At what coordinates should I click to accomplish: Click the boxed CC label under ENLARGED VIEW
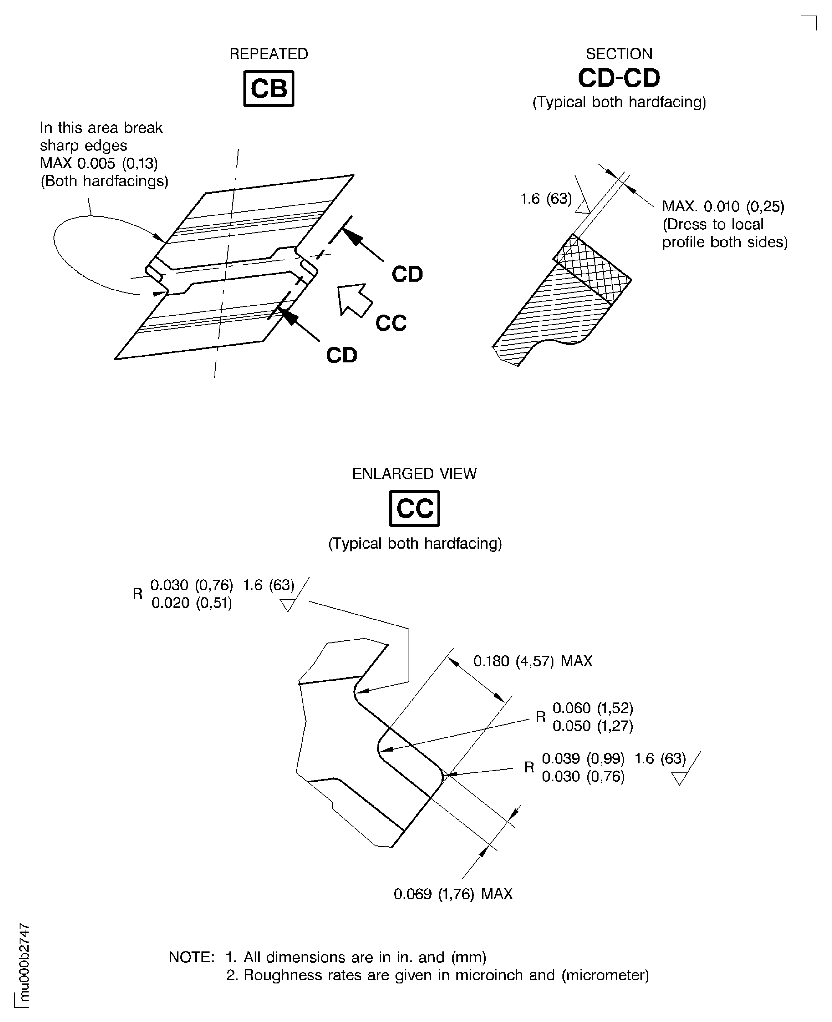tap(414, 509)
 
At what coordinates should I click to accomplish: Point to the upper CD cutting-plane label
tap(407, 274)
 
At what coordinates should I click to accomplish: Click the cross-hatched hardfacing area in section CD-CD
tap(592, 268)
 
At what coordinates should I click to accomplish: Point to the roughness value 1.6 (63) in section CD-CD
tap(546, 198)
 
